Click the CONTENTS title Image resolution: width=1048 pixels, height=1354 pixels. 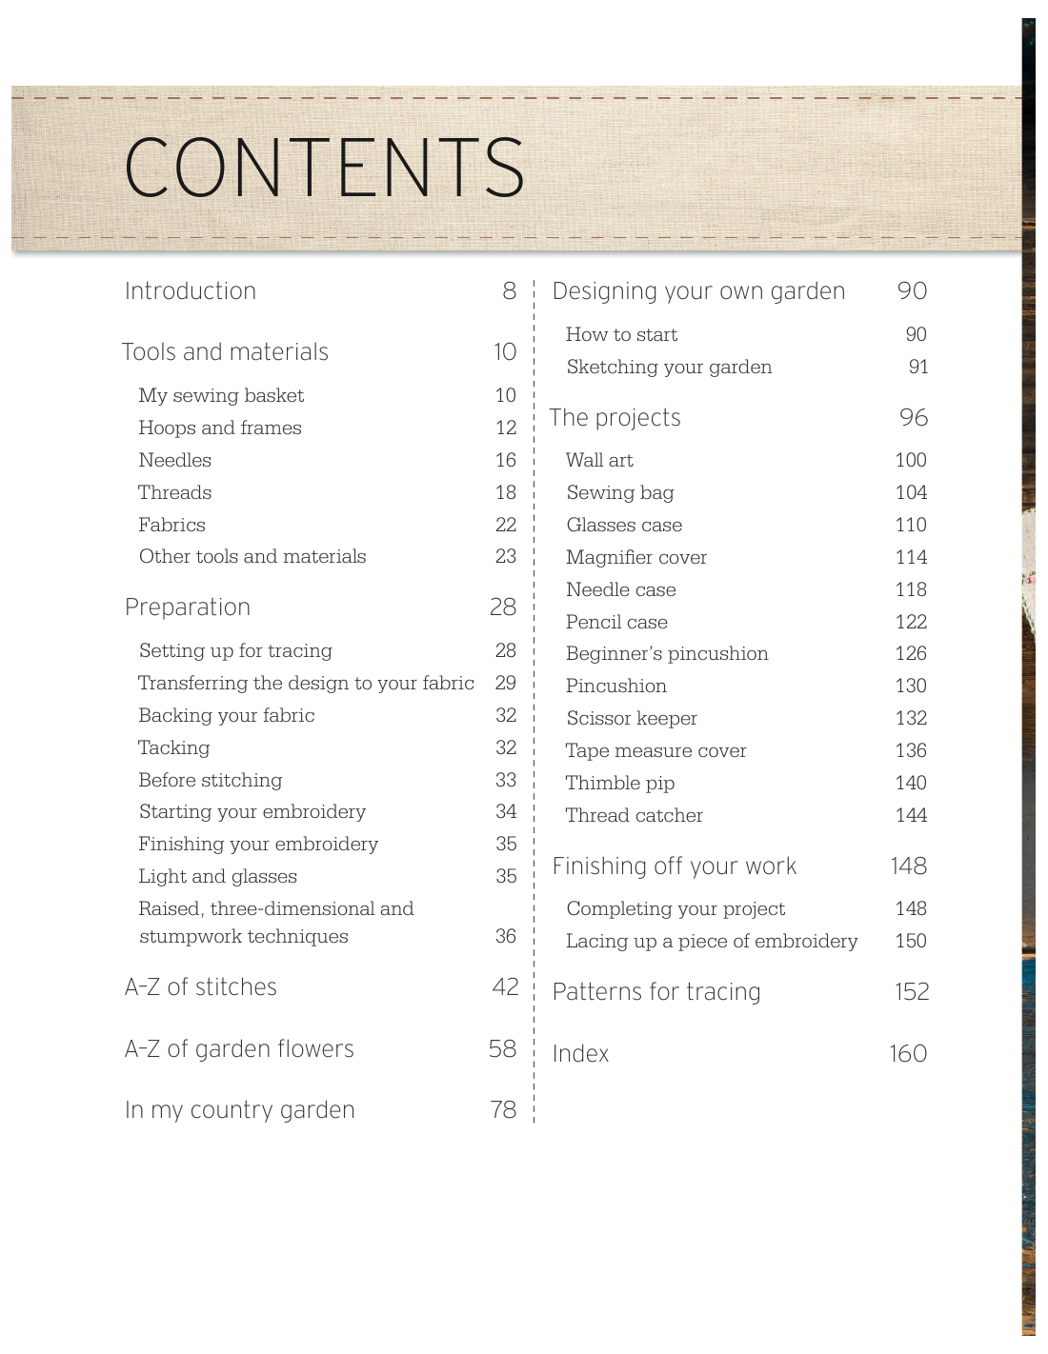tap(324, 168)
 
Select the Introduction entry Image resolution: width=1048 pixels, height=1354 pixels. tap(191, 291)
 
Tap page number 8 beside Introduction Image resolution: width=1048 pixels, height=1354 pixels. tap(510, 291)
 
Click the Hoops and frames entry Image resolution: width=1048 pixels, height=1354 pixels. tap(220, 428)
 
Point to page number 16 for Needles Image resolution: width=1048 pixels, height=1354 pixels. tap(506, 461)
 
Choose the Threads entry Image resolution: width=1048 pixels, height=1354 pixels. tap(175, 493)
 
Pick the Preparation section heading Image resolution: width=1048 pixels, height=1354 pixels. tap(188, 607)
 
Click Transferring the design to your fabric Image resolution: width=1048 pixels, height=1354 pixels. tap(306, 684)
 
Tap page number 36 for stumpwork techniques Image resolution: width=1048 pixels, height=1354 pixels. tap(506, 937)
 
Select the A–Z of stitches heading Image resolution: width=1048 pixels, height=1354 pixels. tap(201, 987)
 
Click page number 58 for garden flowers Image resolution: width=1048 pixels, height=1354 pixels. tap(502, 1049)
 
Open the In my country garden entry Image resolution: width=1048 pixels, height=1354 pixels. tap(240, 1110)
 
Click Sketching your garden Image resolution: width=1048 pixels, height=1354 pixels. tap(669, 368)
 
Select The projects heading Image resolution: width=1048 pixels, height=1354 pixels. tap(615, 418)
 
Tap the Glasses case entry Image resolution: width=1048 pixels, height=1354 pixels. tap(624, 526)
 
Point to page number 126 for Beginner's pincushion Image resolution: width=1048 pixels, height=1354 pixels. tap(911, 654)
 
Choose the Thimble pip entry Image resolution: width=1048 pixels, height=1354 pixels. tap(620, 784)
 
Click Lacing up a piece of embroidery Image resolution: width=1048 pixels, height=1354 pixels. tap(712, 942)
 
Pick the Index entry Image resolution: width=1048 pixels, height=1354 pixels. tap(580, 1054)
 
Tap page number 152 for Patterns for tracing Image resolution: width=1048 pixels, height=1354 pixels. tap(912, 992)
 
